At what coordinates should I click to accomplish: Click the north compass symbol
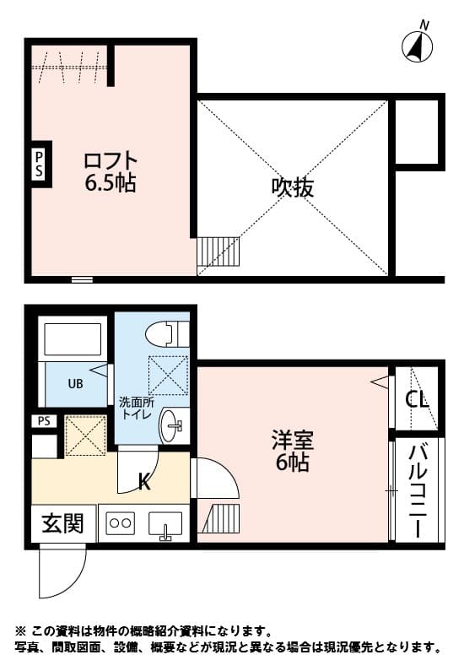click(x=418, y=45)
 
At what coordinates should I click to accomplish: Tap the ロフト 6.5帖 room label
click(x=111, y=171)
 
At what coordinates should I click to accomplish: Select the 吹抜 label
click(x=293, y=187)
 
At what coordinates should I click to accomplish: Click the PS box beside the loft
click(x=39, y=164)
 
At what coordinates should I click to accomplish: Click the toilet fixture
click(x=167, y=333)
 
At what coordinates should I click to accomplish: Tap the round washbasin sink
click(x=174, y=425)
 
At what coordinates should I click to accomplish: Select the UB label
click(x=75, y=384)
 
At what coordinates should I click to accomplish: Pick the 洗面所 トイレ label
click(x=134, y=409)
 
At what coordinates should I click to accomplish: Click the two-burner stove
click(x=121, y=522)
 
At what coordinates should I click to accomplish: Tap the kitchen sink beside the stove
click(x=165, y=524)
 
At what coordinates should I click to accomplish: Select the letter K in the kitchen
click(x=144, y=483)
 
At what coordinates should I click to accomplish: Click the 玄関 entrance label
click(x=62, y=523)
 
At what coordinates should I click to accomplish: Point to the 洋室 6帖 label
click(x=293, y=451)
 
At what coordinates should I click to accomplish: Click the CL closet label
click(x=417, y=400)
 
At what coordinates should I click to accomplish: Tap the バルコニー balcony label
click(x=418, y=491)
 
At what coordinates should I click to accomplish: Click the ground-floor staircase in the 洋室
click(x=220, y=518)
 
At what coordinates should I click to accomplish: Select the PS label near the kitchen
click(x=44, y=421)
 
